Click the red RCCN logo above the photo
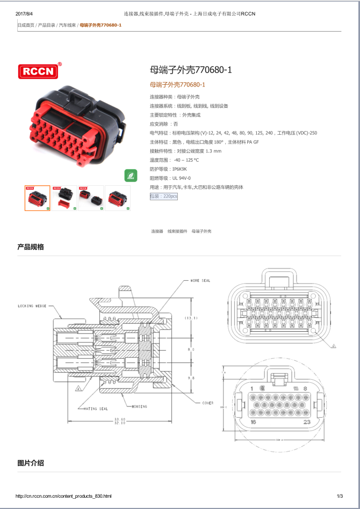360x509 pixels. point(40,71)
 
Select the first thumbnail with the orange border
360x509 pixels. point(37,198)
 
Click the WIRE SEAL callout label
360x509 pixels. point(200,280)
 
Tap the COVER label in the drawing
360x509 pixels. point(207,403)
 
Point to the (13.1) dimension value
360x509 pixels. point(191,318)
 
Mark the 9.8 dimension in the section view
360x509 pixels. point(191,378)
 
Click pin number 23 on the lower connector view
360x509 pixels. point(306,423)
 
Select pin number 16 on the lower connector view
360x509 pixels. point(253,423)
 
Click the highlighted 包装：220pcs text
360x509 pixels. point(163,197)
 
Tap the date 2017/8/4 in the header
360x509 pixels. point(25,13)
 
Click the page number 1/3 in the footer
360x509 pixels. point(340,496)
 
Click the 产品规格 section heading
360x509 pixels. point(31,247)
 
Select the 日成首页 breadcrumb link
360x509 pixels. point(26,25)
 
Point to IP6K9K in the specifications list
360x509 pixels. point(179,169)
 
